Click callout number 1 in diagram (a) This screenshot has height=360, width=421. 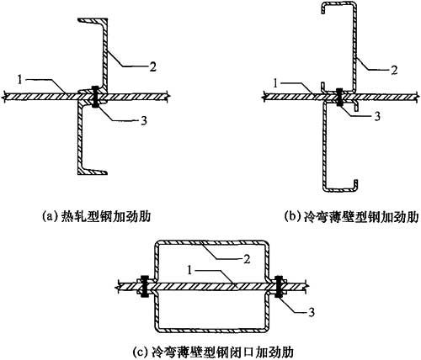(19, 80)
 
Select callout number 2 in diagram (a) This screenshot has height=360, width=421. (152, 66)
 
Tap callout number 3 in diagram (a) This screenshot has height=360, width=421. (143, 121)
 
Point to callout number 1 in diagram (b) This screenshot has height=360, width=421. (275, 83)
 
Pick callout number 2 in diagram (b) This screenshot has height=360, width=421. (394, 70)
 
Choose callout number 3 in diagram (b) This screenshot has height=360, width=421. (377, 116)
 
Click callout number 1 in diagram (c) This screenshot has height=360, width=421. (189, 271)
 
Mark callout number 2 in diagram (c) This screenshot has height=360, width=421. (246, 259)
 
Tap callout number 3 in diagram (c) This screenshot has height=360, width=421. (312, 312)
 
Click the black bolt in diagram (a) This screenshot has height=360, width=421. (95, 97)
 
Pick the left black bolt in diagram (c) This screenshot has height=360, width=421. (145, 286)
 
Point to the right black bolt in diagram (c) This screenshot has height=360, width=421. (279, 287)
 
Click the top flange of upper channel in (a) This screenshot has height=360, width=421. (93, 21)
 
